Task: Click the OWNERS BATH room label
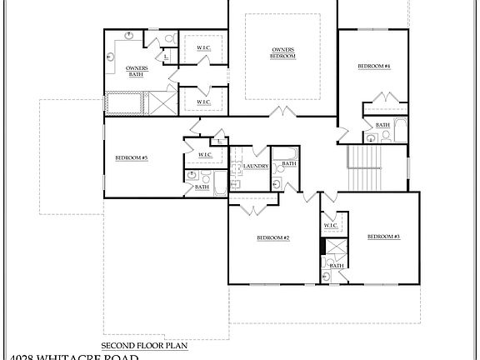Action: point(137,70)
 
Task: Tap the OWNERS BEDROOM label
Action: point(282,52)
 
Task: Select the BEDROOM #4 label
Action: point(374,66)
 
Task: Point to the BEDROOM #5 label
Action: point(131,157)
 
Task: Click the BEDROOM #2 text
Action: point(272,238)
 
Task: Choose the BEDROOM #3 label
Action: point(384,237)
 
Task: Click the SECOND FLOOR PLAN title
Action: point(144,344)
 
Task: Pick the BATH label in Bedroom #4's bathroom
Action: point(382,125)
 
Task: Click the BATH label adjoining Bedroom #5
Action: point(202,187)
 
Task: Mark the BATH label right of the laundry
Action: point(288,163)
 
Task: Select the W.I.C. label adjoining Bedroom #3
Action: point(330,225)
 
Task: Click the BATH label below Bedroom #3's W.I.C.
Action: point(337,265)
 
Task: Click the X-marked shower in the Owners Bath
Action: point(156,103)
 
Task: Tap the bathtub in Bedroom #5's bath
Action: point(219,182)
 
